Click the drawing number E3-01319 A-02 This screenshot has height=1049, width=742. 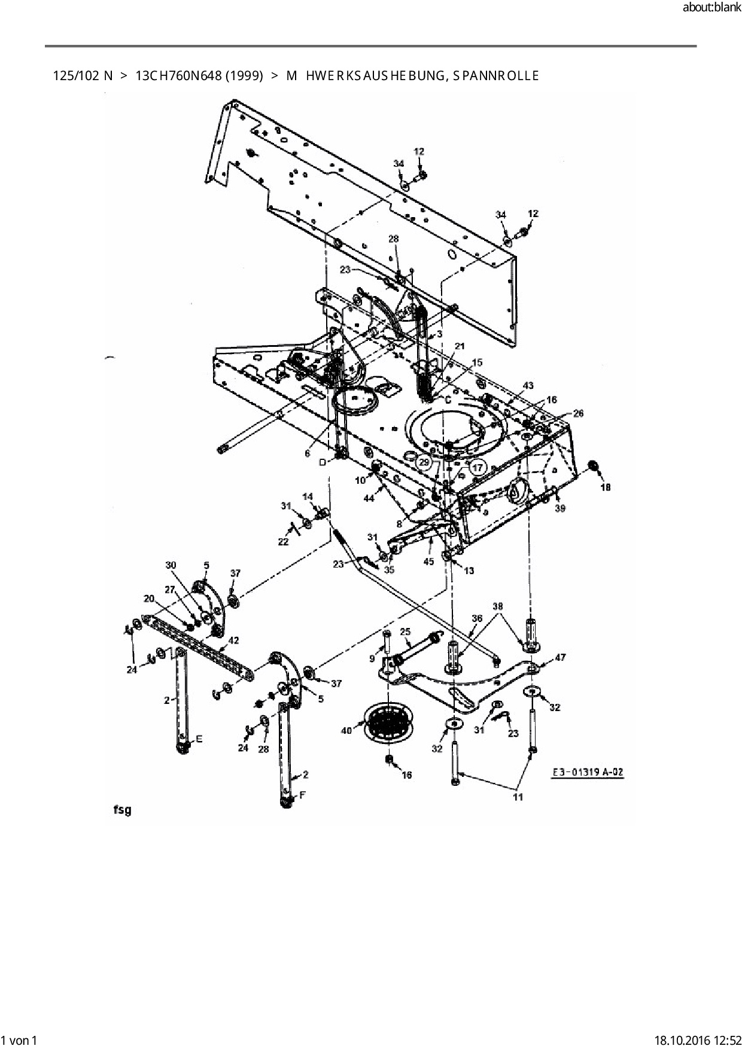[x=587, y=772]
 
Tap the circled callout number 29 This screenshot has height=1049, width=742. [x=424, y=462]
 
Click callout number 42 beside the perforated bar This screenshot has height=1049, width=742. [x=233, y=641]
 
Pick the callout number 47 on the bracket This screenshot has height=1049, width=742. [x=559, y=657]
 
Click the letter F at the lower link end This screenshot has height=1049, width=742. [x=302, y=795]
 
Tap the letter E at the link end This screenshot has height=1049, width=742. [x=199, y=739]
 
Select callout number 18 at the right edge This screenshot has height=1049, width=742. [x=606, y=487]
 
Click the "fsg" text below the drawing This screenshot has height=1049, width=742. [x=121, y=811]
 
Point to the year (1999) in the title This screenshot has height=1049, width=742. [x=244, y=76]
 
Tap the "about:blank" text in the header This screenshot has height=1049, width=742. [x=711, y=8]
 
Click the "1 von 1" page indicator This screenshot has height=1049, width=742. [x=20, y=1041]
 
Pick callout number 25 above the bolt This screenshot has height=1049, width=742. [x=405, y=632]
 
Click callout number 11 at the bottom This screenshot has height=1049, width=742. [x=518, y=797]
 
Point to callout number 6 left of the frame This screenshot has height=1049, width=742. [x=308, y=453]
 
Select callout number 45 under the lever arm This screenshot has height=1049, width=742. [x=428, y=562]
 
